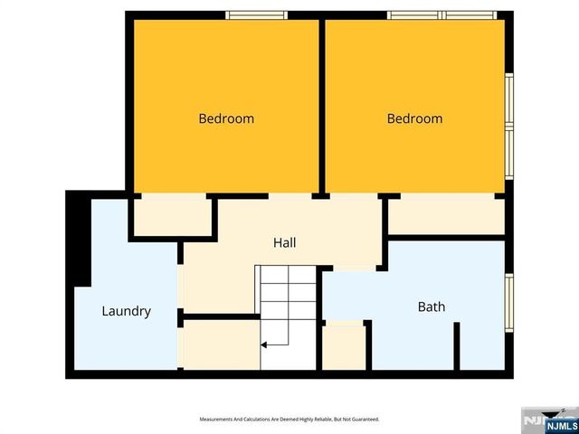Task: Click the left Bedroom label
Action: tap(226, 118)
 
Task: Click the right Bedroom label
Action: tap(414, 118)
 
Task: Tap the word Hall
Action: tap(285, 242)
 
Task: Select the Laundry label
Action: tap(126, 311)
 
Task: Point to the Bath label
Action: tap(431, 307)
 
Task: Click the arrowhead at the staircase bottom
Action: tap(265, 344)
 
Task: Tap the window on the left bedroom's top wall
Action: tap(256, 14)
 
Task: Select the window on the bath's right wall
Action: tap(509, 303)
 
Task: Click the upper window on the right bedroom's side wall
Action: tap(509, 99)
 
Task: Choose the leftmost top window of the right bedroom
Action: tap(414, 14)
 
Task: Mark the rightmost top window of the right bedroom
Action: tap(470, 14)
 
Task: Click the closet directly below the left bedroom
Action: tap(172, 217)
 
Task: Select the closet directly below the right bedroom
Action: tap(446, 217)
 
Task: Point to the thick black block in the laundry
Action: tap(80, 240)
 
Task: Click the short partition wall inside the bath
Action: tap(457, 345)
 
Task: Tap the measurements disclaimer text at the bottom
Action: tap(289, 420)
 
